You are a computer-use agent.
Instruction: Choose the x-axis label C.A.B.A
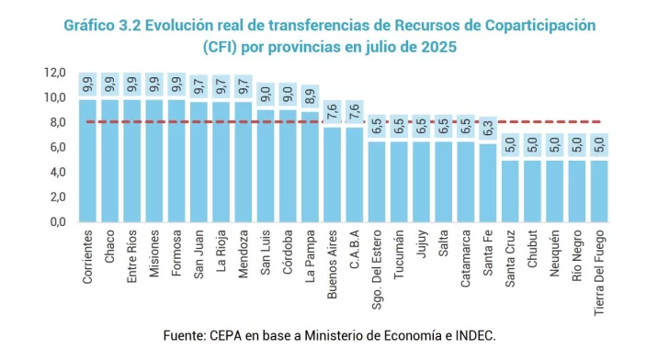point(355,251)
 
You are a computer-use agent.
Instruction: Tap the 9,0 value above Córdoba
point(289,96)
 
